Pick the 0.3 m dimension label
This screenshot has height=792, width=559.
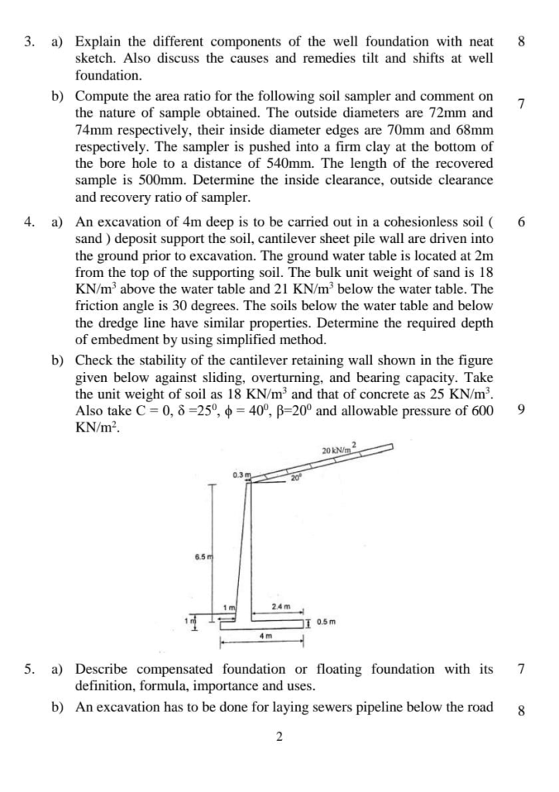239,474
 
